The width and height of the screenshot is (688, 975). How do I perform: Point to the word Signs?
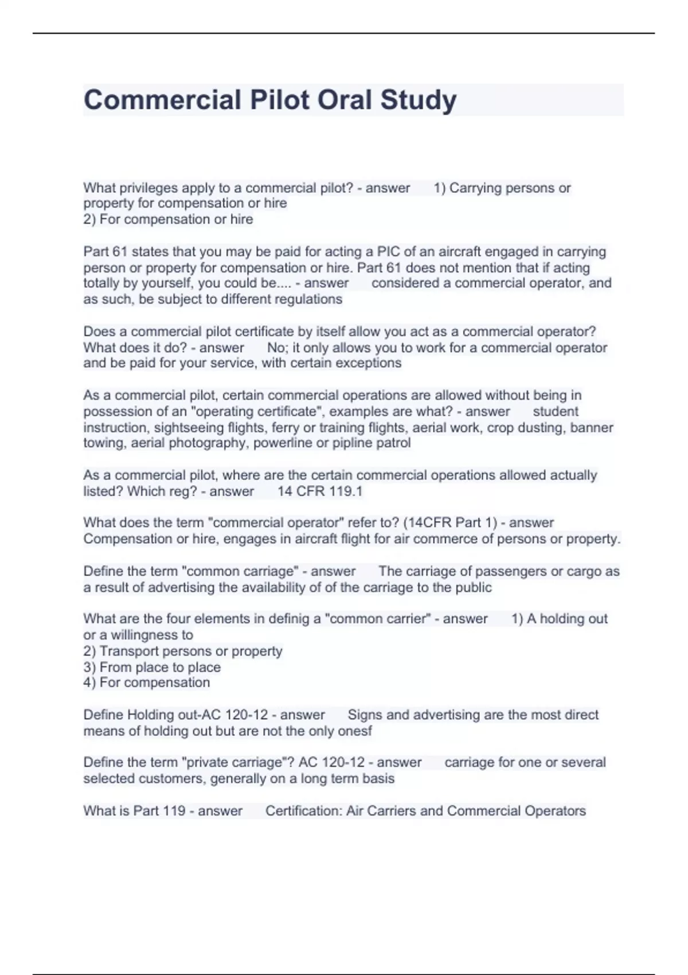point(365,715)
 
